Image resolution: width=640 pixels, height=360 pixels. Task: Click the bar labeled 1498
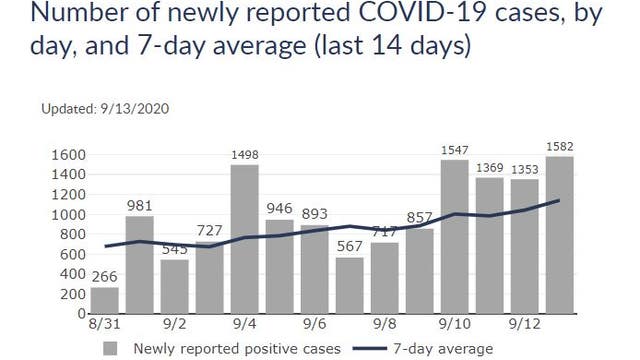click(x=245, y=240)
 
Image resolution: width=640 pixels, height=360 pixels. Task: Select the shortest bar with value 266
click(x=105, y=300)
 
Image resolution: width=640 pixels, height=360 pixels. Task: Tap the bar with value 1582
click(x=559, y=235)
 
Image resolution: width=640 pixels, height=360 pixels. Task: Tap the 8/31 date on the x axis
click(x=105, y=326)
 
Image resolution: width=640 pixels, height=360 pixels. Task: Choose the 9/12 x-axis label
click(x=524, y=326)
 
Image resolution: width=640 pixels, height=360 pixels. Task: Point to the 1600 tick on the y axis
click(x=70, y=156)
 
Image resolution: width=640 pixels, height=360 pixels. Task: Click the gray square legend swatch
click(x=112, y=348)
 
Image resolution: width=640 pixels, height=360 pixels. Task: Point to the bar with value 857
click(x=420, y=271)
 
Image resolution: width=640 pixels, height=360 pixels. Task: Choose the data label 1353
click(x=524, y=169)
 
